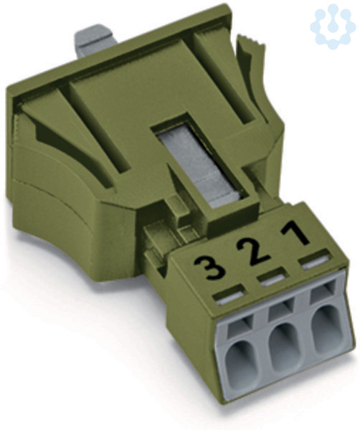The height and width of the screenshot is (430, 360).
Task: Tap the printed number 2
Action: click(x=253, y=251)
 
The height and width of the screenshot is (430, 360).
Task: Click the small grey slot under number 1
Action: click(x=315, y=262)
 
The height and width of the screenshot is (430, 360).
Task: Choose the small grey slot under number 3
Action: click(x=229, y=297)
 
